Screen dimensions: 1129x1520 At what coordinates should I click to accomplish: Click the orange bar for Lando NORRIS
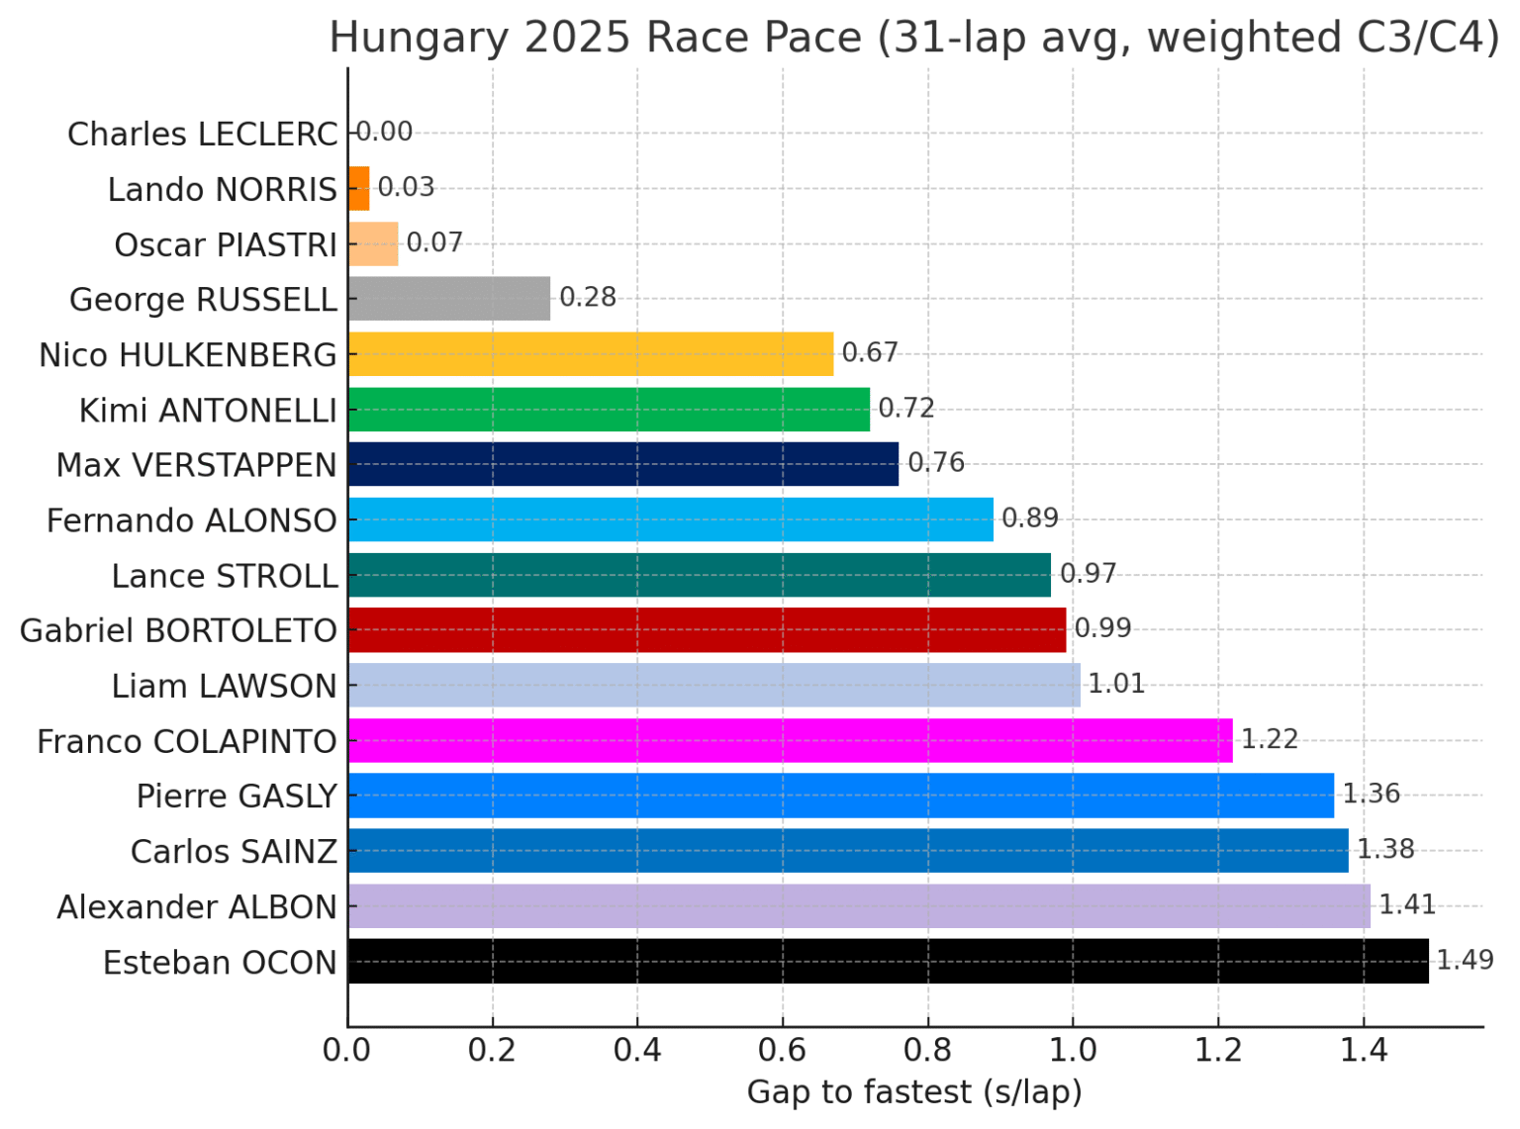[358, 188]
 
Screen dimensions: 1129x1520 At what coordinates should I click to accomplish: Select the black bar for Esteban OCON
[888, 961]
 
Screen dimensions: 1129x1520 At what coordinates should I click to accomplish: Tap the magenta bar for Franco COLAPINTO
[790, 740]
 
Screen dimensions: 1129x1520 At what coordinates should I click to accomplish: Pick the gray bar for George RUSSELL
[448, 298]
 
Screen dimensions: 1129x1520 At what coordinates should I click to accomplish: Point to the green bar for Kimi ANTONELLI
[609, 409]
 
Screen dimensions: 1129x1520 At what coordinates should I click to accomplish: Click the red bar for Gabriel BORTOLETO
[707, 629]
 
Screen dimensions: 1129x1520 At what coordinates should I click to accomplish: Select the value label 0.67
[870, 352]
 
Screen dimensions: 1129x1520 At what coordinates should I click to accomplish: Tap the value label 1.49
[1465, 960]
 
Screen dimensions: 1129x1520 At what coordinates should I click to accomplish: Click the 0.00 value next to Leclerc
[384, 132]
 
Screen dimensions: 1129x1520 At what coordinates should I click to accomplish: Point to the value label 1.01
[1116, 684]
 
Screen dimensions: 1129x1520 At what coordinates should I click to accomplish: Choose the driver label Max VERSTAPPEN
[196, 465]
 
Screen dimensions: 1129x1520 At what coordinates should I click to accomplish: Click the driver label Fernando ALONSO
[191, 520]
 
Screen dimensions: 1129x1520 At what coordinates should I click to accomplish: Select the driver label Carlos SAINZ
[234, 852]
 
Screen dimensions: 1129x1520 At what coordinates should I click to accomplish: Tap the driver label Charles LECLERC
[202, 134]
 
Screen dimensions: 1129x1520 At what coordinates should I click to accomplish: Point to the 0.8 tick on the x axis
[927, 1050]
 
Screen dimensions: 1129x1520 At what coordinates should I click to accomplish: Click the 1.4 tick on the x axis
[1364, 1050]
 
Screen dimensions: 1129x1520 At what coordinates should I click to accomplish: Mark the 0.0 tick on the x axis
[346, 1050]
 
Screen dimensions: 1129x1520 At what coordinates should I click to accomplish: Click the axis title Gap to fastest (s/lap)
[914, 1092]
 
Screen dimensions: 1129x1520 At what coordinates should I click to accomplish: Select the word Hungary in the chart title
[419, 38]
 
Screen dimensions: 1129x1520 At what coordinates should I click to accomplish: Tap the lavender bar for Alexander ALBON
[859, 905]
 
